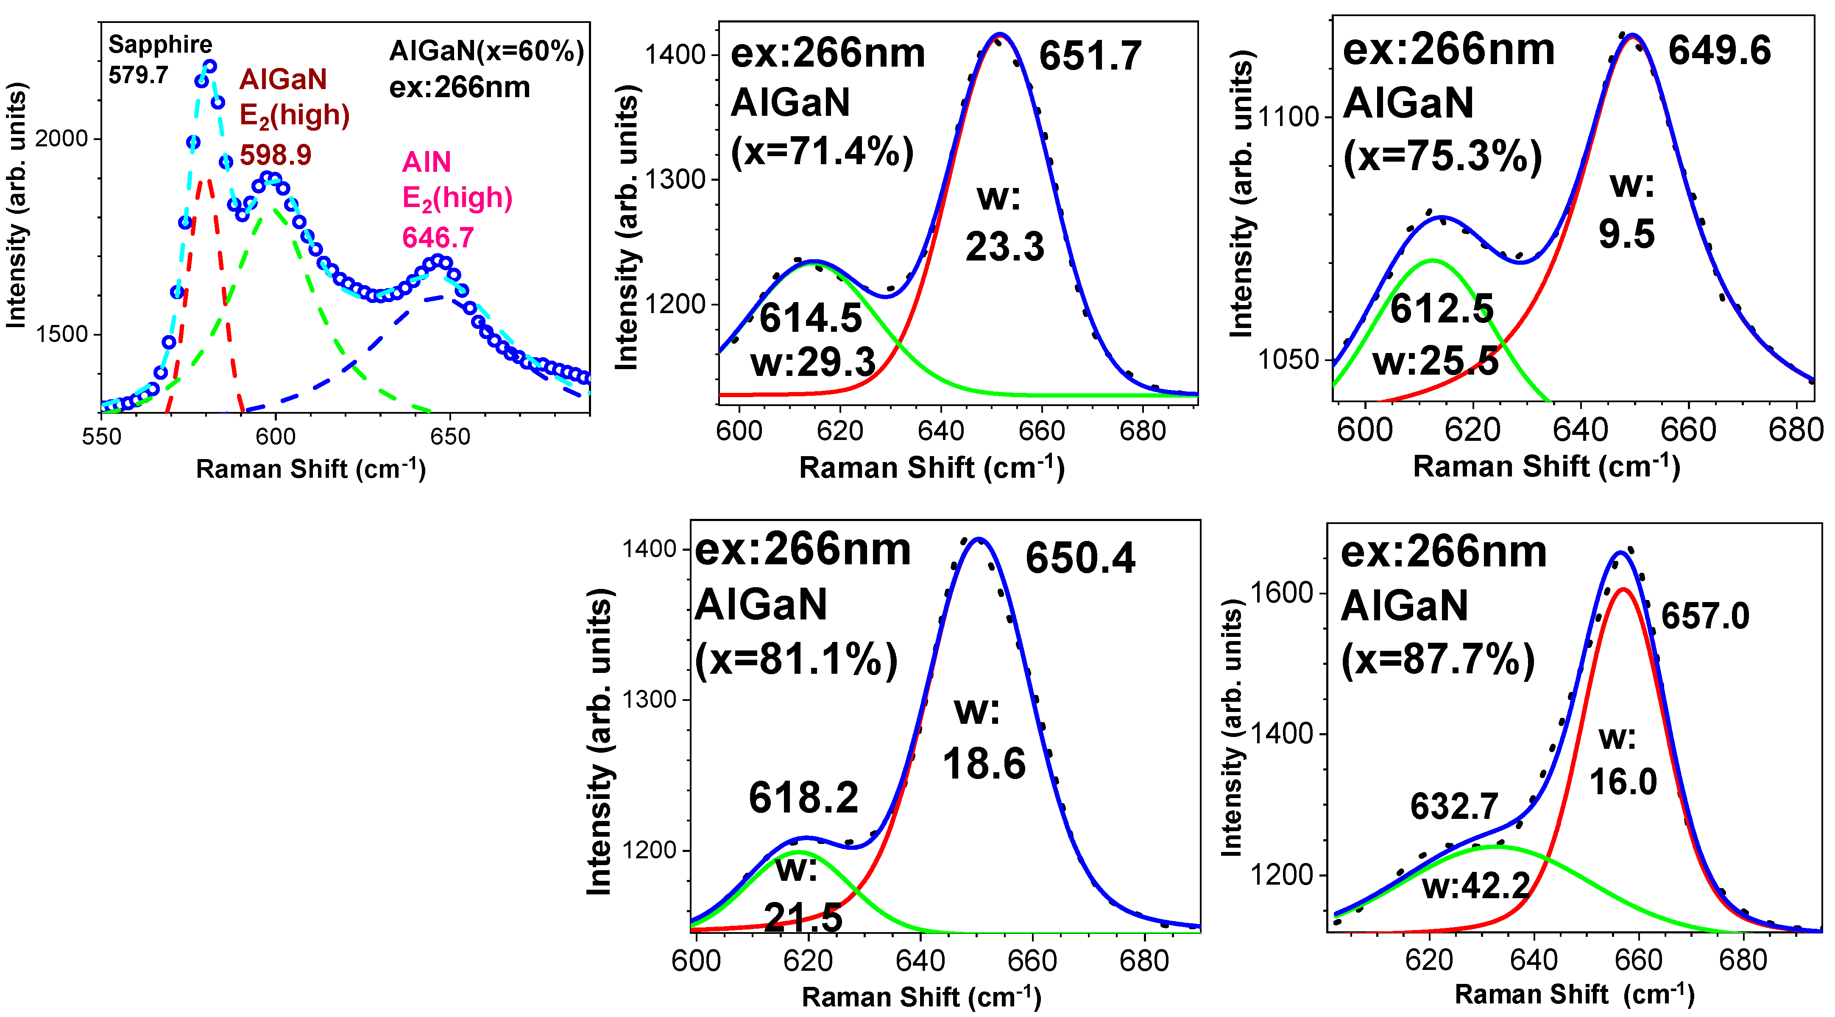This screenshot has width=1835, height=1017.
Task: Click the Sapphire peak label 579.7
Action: click(138, 74)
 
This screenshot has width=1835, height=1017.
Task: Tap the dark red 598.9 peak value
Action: click(275, 155)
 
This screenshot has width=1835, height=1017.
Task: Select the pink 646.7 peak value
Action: click(438, 237)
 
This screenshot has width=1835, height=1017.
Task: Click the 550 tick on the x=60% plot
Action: click(101, 436)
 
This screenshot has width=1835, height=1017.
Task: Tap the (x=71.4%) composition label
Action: click(822, 151)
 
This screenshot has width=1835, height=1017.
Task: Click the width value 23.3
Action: click(1004, 247)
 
